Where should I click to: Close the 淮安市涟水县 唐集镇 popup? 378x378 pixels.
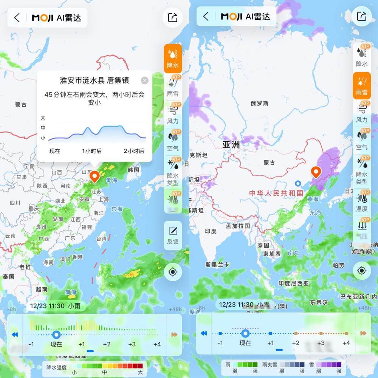(x=144, y=81)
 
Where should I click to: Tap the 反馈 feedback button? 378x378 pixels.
(x=173, y=235)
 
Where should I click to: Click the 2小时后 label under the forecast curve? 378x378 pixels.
(x=134, y=151)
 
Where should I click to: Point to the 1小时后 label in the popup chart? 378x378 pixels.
(x=92, y=151)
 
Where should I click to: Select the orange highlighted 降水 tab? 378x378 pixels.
(x=173, y=58)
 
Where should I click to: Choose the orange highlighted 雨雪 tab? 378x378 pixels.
(x=362, y=86)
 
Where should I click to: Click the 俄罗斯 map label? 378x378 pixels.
(x=260, y=103)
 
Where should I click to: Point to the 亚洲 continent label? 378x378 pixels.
(x=231, y=145)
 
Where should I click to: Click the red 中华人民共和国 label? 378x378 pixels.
(x=276, y=193)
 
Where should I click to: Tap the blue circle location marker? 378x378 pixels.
(x=298, y=183)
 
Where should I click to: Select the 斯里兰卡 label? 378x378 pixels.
(x=217, y=265)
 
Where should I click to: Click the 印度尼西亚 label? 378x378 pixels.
(x=294, y=283)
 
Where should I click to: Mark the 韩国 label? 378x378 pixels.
(x=133, y=170)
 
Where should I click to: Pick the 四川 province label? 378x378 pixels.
(x=15, y=203)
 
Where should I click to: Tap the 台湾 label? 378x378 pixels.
(x=102, y=239)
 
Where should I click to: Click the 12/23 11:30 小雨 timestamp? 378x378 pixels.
(x=55, y=305)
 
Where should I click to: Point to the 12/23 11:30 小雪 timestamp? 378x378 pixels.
(x=244, y=304)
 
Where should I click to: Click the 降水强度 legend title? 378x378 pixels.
(x=57, y=367)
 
